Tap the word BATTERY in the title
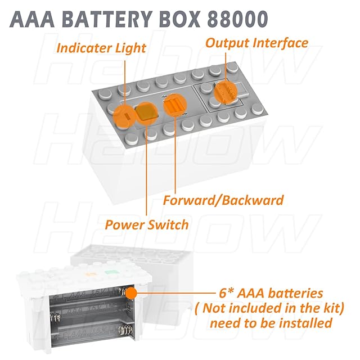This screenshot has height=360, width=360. [112, 19]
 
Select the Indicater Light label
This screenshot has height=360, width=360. [102, 48]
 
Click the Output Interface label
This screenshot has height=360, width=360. [256, 43]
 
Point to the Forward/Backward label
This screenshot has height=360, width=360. [223, 200]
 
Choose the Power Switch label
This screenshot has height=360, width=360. [147, 224]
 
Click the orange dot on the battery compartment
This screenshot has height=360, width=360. [132, 294]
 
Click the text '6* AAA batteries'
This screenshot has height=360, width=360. [272, 293]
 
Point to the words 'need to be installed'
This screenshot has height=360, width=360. [271, 323]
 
